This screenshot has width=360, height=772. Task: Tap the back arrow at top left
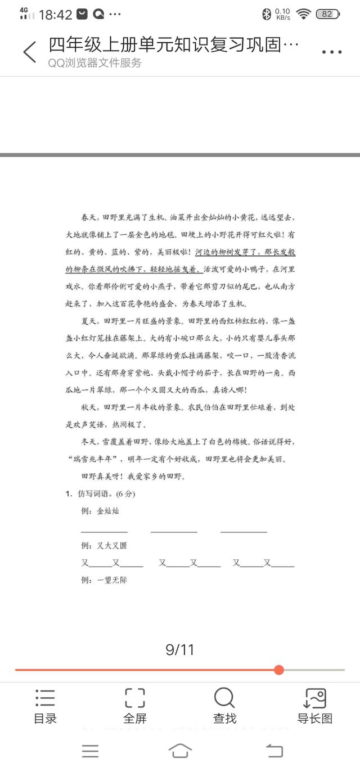tap(30, 52)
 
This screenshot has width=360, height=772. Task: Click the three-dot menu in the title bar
tap(332, 52)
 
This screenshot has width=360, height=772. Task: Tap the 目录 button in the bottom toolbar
tap(45, 706)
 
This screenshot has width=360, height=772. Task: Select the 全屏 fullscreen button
tap(135, 706)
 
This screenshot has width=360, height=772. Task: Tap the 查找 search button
tap(224, 706)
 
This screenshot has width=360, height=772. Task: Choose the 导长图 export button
tap(315, 706)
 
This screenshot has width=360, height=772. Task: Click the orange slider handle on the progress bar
tap(279, 670)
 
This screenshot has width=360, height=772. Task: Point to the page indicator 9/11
tap(180, 650)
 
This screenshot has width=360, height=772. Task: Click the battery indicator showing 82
tap(327, 14)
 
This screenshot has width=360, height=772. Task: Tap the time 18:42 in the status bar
tap(56, 15)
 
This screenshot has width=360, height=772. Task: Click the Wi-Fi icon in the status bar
tap(304, 14)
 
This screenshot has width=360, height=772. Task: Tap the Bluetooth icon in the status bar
tap(267, 14)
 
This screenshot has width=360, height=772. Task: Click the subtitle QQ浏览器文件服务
tap(94, 63)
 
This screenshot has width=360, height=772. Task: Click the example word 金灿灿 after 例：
tap(108, 511)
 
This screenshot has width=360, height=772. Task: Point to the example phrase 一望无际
tap(112, 580)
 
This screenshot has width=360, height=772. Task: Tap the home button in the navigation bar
tap(180, 751)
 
